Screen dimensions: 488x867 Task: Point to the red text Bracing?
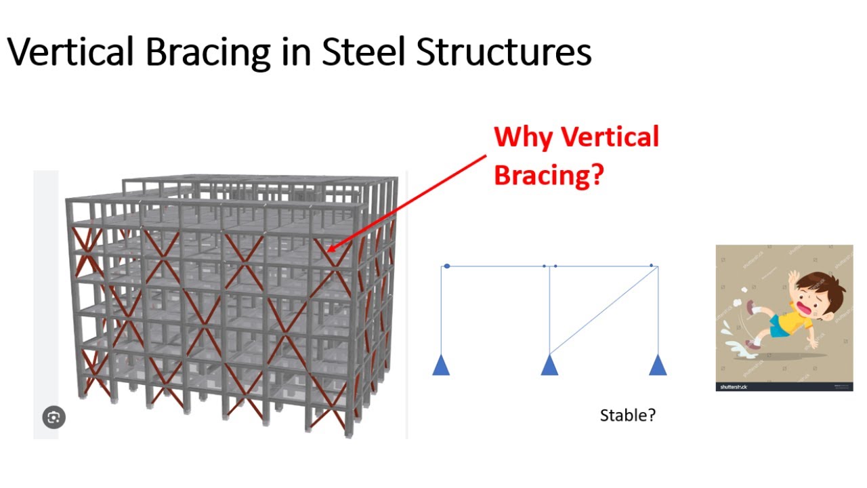click(548, 175)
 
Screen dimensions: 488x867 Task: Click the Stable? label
click(627, 415)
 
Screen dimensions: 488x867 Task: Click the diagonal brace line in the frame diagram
click(603, 310)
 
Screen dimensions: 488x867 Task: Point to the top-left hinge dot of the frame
click(447, 266)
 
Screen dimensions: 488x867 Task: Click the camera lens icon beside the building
click(54, 417)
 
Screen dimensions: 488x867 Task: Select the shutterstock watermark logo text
click(732, 387)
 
